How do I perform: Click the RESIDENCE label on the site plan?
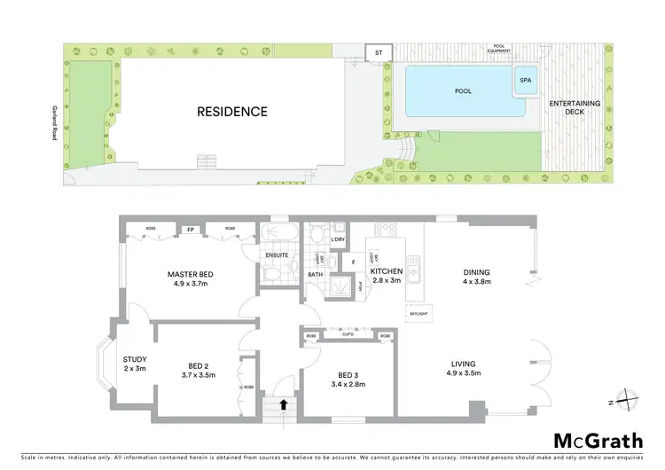[231, 112]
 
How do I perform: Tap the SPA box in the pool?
[526, 81]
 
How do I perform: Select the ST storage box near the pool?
[378, 52]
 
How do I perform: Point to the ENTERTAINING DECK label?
[574, 109]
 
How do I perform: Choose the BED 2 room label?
[198, 370]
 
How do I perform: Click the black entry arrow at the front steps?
[284, 404]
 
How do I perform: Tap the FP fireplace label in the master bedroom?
[190, 230]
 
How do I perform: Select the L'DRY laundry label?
[338, 240]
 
